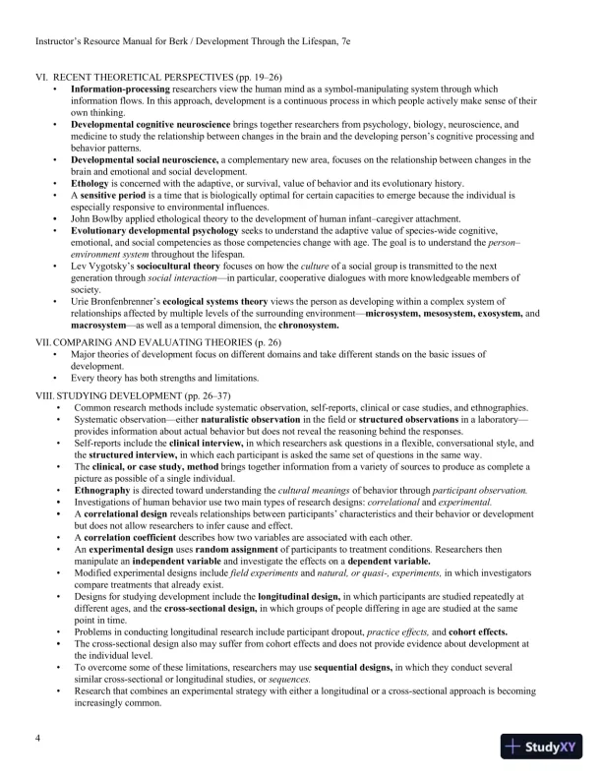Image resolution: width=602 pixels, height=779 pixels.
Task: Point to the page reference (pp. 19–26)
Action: [x=250, y=77]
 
